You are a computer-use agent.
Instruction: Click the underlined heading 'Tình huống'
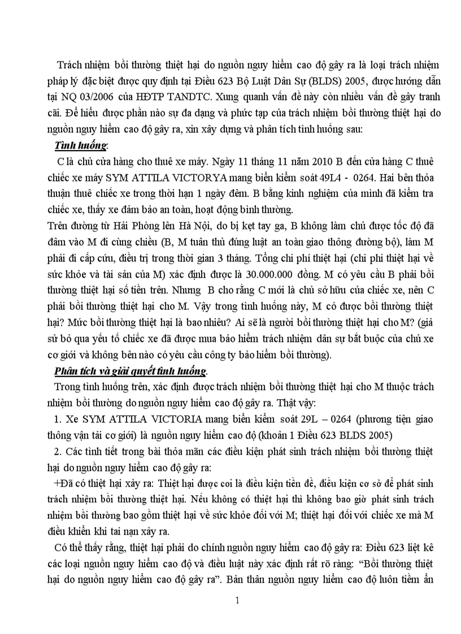click(81, 146)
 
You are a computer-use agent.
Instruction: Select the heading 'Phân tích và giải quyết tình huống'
click(131, 371)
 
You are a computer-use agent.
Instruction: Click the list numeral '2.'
click(58, 451)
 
